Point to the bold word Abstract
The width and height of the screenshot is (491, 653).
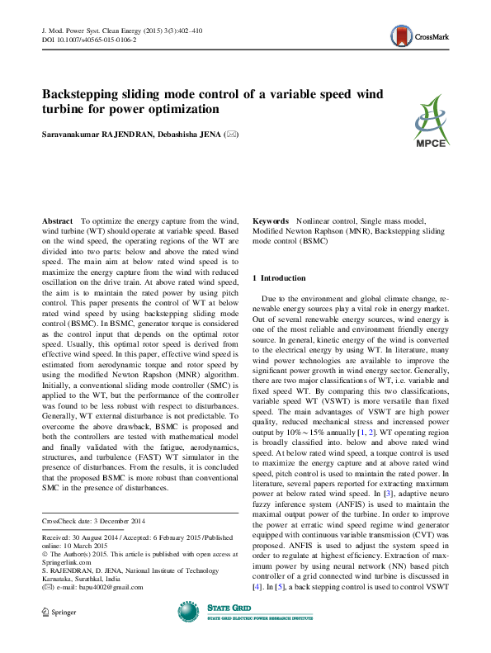coord(57,223)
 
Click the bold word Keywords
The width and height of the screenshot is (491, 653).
coord(270,223)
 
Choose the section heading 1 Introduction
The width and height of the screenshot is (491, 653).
coord(279,278)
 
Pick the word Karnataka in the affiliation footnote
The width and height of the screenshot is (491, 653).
coord(59,570)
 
